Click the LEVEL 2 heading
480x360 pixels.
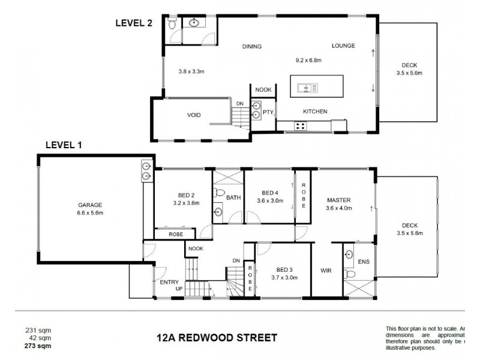pos(134,23)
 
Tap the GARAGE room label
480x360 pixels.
pos(90,203)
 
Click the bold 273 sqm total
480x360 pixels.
pos(38,346)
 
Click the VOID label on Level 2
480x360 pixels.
pos(194,115)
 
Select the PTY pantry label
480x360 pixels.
pos(268,112)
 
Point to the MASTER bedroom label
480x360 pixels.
pos(338,200)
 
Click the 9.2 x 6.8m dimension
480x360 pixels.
pos(308,60)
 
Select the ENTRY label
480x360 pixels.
pos(170,281)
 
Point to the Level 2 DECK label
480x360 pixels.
pos(409,65)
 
